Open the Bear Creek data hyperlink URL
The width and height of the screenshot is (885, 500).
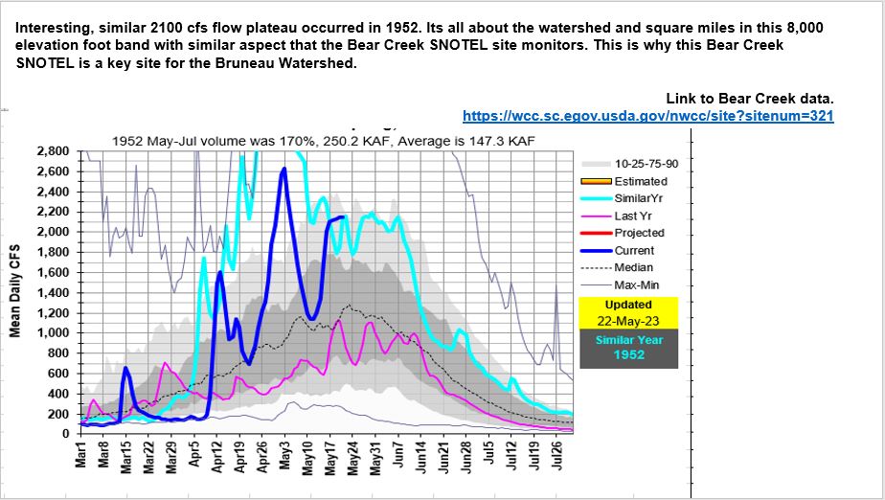tap(648, 116)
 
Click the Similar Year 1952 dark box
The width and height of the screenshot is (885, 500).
tap(628, 348)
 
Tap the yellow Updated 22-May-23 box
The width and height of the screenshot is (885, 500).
tap(628, 311)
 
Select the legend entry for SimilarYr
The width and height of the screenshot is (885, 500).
tap(641, 198)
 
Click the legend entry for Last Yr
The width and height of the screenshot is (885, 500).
tap(633, 216)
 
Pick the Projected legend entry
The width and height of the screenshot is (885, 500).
tap(639, 233)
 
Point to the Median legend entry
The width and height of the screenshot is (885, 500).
tap(633, 267)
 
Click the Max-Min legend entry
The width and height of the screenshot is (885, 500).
tap(637, 284)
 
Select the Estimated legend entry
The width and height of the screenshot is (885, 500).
tap(641, 181)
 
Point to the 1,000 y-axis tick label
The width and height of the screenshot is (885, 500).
tap(57, 333)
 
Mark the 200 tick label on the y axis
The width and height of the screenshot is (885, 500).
tap(63, 414)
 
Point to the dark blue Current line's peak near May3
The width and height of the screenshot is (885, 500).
tap(284, 170)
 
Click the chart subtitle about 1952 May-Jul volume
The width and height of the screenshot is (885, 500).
tap(322, 141)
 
